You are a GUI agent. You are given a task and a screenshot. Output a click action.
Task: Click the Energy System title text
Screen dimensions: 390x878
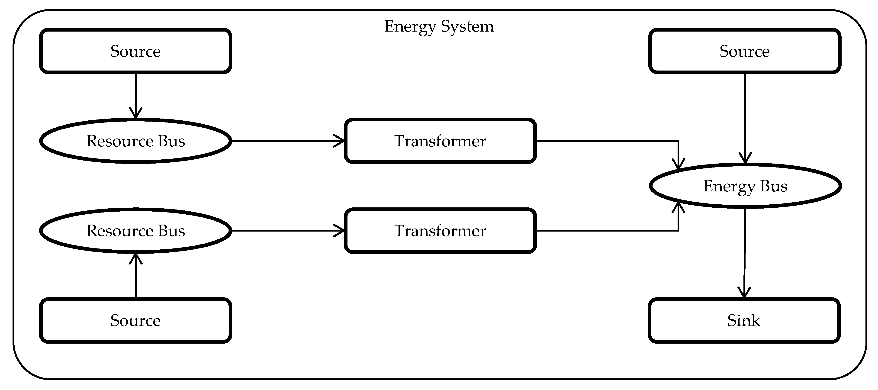click(439, 26)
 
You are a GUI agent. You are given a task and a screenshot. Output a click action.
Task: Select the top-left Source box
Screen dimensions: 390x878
click(135, 51)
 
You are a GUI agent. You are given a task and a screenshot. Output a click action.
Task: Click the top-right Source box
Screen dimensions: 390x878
click(744, 51)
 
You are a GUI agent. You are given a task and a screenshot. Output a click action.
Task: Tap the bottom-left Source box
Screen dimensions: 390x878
click(135, 320)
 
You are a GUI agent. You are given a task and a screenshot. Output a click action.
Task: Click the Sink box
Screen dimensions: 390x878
click(744, 320)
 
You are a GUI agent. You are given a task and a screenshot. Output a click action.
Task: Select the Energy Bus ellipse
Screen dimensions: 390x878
click(745, 186)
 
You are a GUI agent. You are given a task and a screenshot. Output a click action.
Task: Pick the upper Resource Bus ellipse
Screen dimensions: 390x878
click(135, 141)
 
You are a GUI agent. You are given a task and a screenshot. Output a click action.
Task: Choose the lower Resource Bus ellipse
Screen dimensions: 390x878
click(135, 231)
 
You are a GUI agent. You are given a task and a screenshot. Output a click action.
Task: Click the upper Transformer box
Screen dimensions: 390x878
click(440, 141)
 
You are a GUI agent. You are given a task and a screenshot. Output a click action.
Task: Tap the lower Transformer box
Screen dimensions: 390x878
click(440, 231)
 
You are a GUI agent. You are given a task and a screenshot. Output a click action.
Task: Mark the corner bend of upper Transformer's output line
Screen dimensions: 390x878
click(678, 141)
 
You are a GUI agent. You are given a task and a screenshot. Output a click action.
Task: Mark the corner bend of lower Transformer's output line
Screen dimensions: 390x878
click(678, 231)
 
